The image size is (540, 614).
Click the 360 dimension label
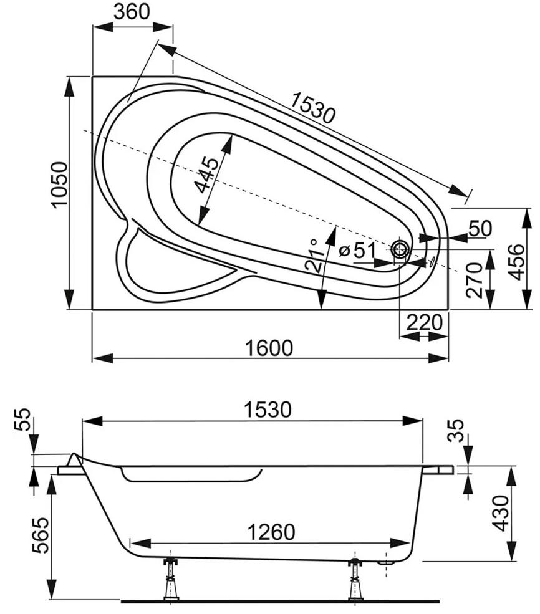click(x=133, y=12)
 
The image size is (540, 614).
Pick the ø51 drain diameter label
click(x=357, y=251)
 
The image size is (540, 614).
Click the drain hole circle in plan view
click(x=400, y=251)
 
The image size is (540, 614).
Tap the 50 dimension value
click(x=480, y=229)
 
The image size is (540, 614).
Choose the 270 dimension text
click(x=475, y=279)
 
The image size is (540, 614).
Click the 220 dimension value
click(x=424, y=323)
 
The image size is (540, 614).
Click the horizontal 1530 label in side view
click(x=268, y=410)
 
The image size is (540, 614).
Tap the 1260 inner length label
click(x=270, y=532)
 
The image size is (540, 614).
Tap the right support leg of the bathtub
click(x=355, y=579)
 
